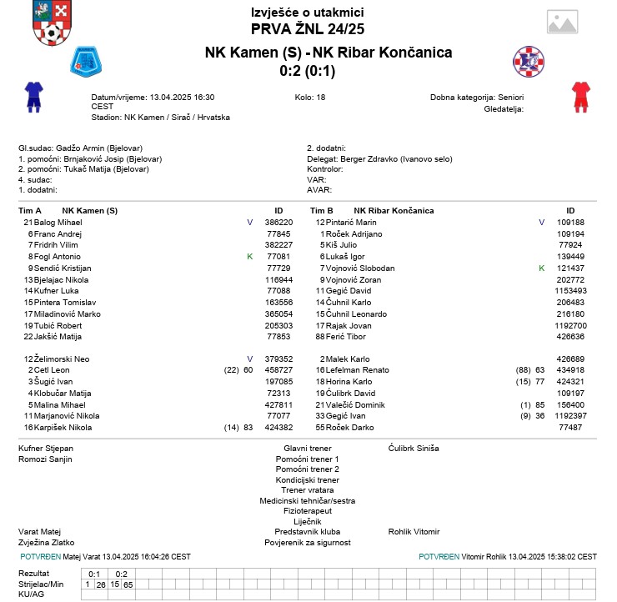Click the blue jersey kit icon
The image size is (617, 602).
[x=33, y=97]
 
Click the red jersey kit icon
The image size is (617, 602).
[x=580, y=97]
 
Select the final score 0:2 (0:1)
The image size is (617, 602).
[x=307, y=71]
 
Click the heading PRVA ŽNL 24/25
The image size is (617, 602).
[x=308, y=29]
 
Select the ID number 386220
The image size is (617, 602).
[x=278, y=223]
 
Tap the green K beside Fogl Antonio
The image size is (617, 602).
[x=249, y=257]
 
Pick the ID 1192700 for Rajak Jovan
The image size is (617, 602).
[x=571, y=325]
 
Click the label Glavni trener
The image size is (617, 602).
[x=308, y=448]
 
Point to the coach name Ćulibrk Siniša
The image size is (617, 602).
[x=414, y=448]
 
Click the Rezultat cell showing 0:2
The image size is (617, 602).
[x=121, y=574]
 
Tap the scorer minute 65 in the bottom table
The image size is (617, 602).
[x=128, y=584]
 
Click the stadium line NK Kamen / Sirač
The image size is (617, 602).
[x=160, y=117]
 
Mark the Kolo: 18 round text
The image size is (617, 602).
[x=310, y=98]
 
